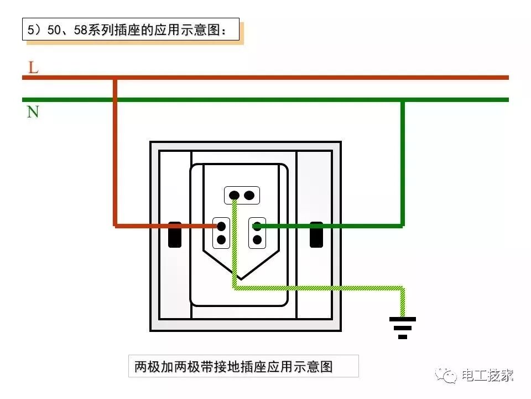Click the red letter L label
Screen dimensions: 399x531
coord(33,68)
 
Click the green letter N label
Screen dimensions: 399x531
coord(33,112)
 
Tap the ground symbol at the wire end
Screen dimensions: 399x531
coord(402,327)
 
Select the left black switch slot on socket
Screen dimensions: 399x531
coord(175,234)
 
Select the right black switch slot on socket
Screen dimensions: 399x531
coord(316,234)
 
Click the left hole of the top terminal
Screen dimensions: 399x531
coord(235,195)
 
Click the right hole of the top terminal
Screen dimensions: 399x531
coord(249,195)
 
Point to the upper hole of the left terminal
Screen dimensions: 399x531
coord(221,226)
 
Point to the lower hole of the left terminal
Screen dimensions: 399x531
coord(221,240)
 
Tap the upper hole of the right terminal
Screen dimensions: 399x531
coord(257,226)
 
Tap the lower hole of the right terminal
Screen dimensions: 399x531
coord(257,240)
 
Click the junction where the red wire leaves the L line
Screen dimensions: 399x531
coord(115,78)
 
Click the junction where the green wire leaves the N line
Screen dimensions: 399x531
coord(403,100)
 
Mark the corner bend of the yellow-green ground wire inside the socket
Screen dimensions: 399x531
coord(235,288)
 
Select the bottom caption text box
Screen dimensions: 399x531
coord(243,366)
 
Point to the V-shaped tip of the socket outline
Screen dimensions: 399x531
coord(239,278)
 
